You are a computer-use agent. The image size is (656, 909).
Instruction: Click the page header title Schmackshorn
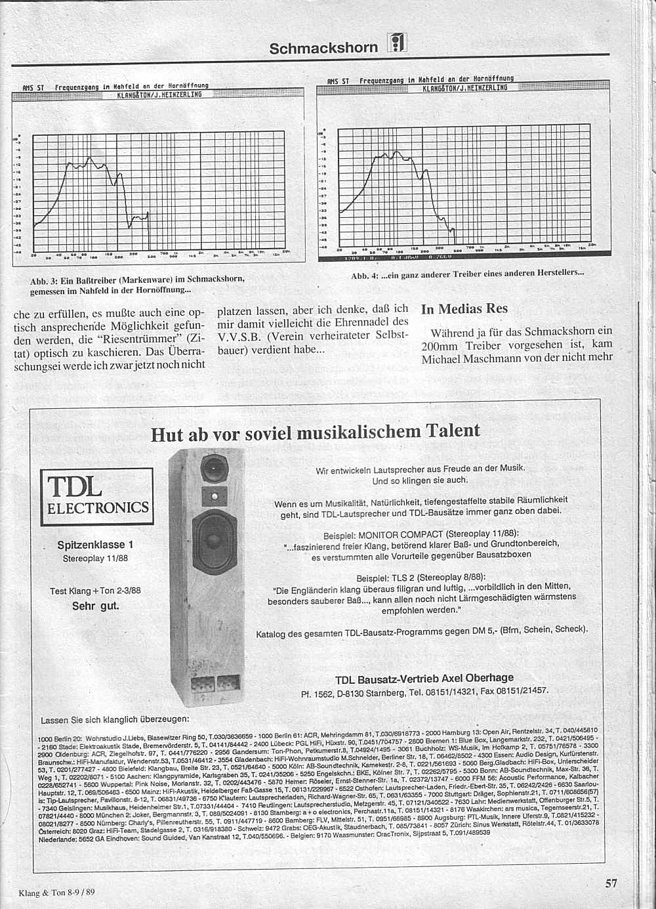point(323,48)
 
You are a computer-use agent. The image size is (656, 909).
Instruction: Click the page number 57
point(610,883)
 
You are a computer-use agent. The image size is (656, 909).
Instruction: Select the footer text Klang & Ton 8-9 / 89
point(57,892)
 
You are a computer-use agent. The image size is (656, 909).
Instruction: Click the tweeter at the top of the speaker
point(213,469)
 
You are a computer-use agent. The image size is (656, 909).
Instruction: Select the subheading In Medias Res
point(464,309)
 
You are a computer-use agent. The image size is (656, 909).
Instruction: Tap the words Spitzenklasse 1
point(95,545)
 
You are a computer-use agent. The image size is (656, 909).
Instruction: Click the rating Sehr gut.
point(96,606)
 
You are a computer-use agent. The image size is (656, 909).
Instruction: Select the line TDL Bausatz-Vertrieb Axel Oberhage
point(424,678)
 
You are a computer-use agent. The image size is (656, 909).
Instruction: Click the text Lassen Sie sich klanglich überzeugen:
point(115,719)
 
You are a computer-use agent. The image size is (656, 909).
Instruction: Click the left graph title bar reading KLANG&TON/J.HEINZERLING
point(159,95)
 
